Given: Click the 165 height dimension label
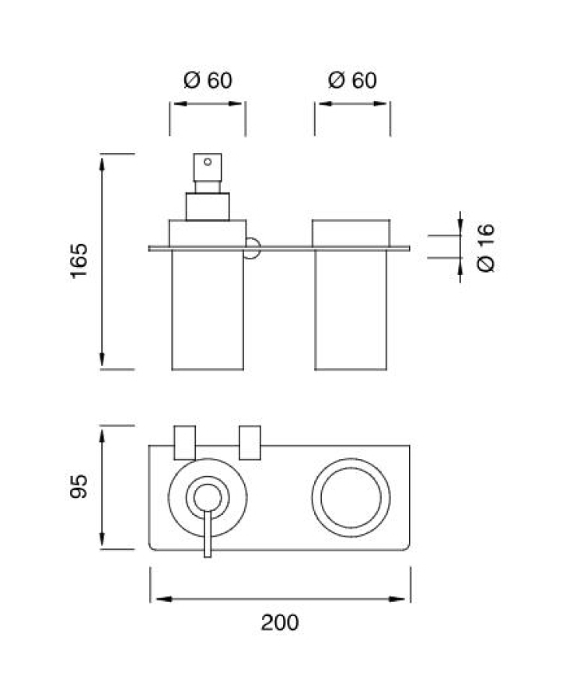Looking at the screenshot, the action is click(79, 261).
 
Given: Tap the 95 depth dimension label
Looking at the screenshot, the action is click(79, 486).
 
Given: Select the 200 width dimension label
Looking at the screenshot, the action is click(280, 622).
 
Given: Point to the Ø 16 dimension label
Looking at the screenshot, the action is click(486, 248).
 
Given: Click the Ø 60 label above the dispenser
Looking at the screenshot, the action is click(208, 80).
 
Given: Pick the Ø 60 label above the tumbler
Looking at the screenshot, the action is click(352, 80).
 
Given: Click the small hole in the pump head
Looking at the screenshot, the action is click(208, 162).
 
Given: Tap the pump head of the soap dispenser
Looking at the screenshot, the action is click(208, 167).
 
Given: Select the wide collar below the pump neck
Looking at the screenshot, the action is click(208, 207).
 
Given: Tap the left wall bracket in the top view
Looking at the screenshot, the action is click(185, 443).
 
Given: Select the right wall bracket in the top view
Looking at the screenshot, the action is click(250, 443).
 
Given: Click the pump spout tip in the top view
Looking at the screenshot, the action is click(208, 555).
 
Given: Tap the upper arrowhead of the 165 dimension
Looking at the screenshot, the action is click(102, 163).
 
